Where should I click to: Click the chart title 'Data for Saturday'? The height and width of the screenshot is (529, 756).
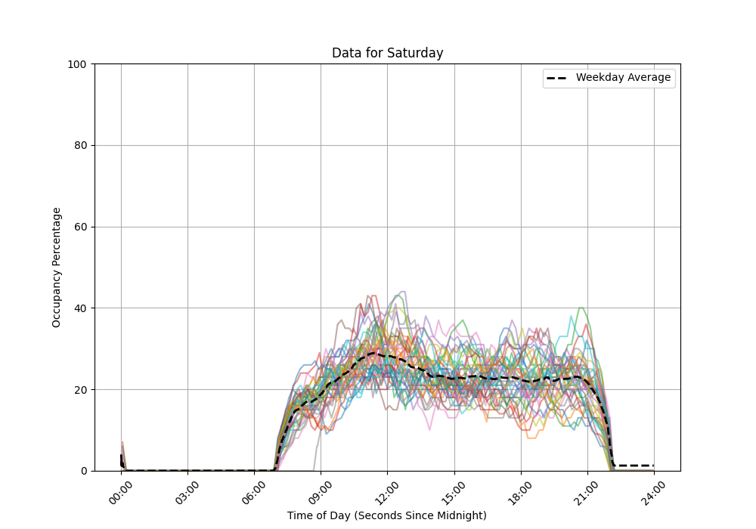387,53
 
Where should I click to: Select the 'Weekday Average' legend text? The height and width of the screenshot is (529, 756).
623,78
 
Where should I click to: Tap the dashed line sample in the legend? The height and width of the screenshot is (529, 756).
557,78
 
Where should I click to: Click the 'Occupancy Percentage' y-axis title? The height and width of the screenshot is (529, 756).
57,267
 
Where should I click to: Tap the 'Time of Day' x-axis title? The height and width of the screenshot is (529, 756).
387,515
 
